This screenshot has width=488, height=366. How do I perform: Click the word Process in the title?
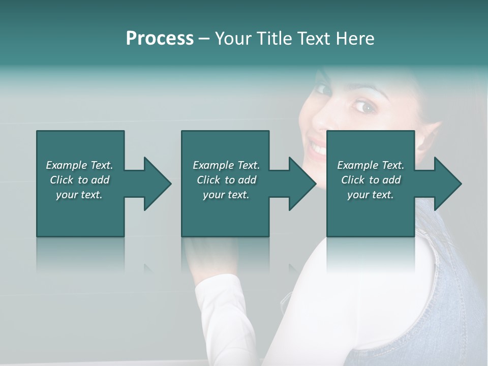[160, 39]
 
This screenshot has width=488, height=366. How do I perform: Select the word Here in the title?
[355, 39]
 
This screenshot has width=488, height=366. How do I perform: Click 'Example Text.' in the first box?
[79, 165]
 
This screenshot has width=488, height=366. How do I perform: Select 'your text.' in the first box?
[79, 195]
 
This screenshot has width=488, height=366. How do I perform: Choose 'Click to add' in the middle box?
[226, 180]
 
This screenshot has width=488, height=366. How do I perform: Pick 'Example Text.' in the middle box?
[226, 165]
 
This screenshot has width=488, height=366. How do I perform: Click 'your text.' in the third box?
[371, 195]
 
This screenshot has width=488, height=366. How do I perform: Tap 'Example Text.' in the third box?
[371, 165]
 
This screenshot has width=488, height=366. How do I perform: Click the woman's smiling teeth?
[318, 149]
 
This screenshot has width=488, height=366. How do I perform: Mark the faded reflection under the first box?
[80, 254]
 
